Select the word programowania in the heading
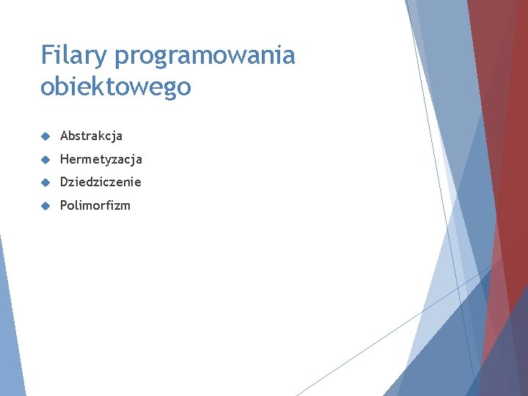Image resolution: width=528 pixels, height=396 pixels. (205, 56)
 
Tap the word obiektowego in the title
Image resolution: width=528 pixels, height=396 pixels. (116, 87)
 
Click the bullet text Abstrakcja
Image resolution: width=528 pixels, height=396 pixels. (91, 136)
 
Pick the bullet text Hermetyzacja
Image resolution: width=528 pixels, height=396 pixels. (100, 159)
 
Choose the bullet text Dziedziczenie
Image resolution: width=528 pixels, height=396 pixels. (100, 182)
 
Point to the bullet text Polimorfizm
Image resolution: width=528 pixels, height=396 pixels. (95, 205)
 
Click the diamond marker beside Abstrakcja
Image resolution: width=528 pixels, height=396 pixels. (45, 136)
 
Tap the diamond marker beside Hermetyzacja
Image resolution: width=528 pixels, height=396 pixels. (45, 159)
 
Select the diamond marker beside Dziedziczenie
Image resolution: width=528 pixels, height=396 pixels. (45, 182)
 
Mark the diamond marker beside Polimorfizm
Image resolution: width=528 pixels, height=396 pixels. (45, 205)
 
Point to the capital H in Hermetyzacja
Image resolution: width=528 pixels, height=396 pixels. (65, 159)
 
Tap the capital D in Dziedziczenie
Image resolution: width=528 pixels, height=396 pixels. (65, 182)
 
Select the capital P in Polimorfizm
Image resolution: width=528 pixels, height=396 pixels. (64, 205)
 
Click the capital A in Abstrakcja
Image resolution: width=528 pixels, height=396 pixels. (65, 136)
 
